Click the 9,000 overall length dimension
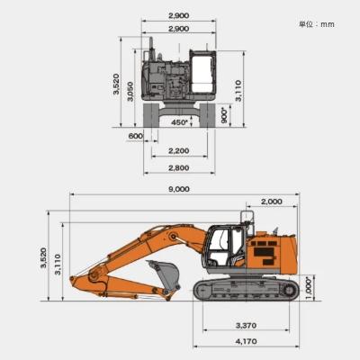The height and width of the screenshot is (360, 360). [178, 189]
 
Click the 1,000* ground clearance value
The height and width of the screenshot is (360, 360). [309, 287]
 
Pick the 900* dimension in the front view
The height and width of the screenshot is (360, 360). [224, 115]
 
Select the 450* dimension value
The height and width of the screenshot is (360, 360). [179, 122]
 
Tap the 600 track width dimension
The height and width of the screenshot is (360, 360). [136, 136]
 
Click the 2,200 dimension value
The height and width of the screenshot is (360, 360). [179, 150]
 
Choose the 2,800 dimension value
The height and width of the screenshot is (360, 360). [179, 167]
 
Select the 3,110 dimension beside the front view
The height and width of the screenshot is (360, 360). [238, 90]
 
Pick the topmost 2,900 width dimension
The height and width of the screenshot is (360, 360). [179, 16]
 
